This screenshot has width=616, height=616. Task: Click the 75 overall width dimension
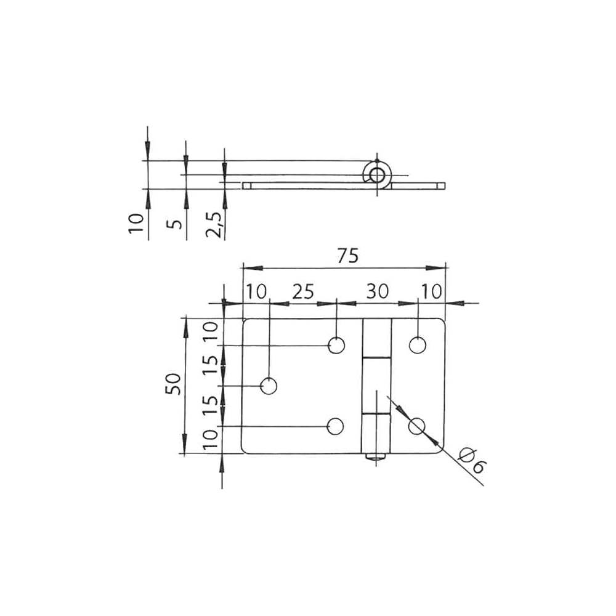click(347, 256)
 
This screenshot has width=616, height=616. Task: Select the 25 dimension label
click(303, 291)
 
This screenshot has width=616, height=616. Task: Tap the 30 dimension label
click(377, 291)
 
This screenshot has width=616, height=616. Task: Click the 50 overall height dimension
click(173, 384)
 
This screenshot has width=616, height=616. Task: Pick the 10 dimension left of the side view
click(136, 224)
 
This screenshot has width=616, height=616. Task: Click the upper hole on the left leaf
click(336, 346)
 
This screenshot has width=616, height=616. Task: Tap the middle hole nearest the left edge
click(269, 386)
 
